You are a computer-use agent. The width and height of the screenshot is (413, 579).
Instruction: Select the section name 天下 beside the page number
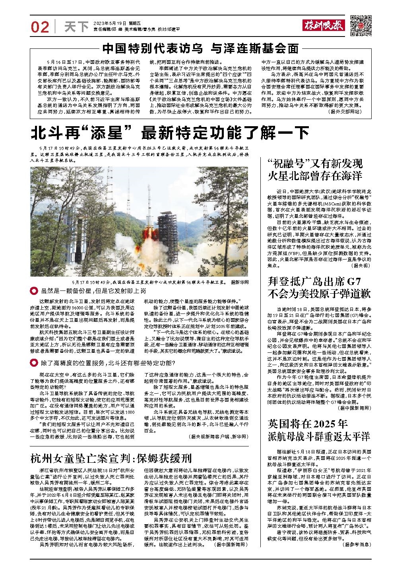(x=76, y=27)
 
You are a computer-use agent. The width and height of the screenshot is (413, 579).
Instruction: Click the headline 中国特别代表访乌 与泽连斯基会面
(x=200, y=48)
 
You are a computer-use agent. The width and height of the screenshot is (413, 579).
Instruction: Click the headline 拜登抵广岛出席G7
(x=314, y=282)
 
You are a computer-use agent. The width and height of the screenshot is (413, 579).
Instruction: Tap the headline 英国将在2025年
(x=308, y=423)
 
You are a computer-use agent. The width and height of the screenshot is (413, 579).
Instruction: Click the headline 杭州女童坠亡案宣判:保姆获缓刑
(x=111, y=459)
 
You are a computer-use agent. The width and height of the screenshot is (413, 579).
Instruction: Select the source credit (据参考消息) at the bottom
(x=355, y=545)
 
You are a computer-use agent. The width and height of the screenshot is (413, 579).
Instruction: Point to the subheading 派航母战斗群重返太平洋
(x=319, y=437)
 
